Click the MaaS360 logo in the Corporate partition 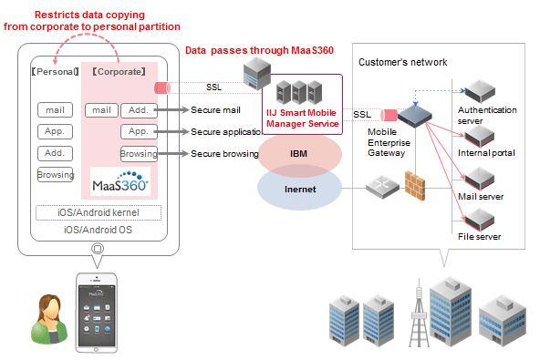click(x=121, y=185)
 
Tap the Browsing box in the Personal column click(x=56, y=175)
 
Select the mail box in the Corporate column click(x=101, y=110)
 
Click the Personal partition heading click(x=53, y=69)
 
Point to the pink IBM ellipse click(x=299, y=154)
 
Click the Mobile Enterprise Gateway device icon click(x=413, y=115)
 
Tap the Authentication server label click(x=487, y=116)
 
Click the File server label click(x=479, y=237)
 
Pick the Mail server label click(x=480, y=195)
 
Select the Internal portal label click(x=486, y=153)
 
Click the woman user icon click(x=45, y=318)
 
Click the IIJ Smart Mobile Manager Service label click(x=302, y=117)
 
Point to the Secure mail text click(x=216, y=110)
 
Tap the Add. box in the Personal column click(x=56, y=153)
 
